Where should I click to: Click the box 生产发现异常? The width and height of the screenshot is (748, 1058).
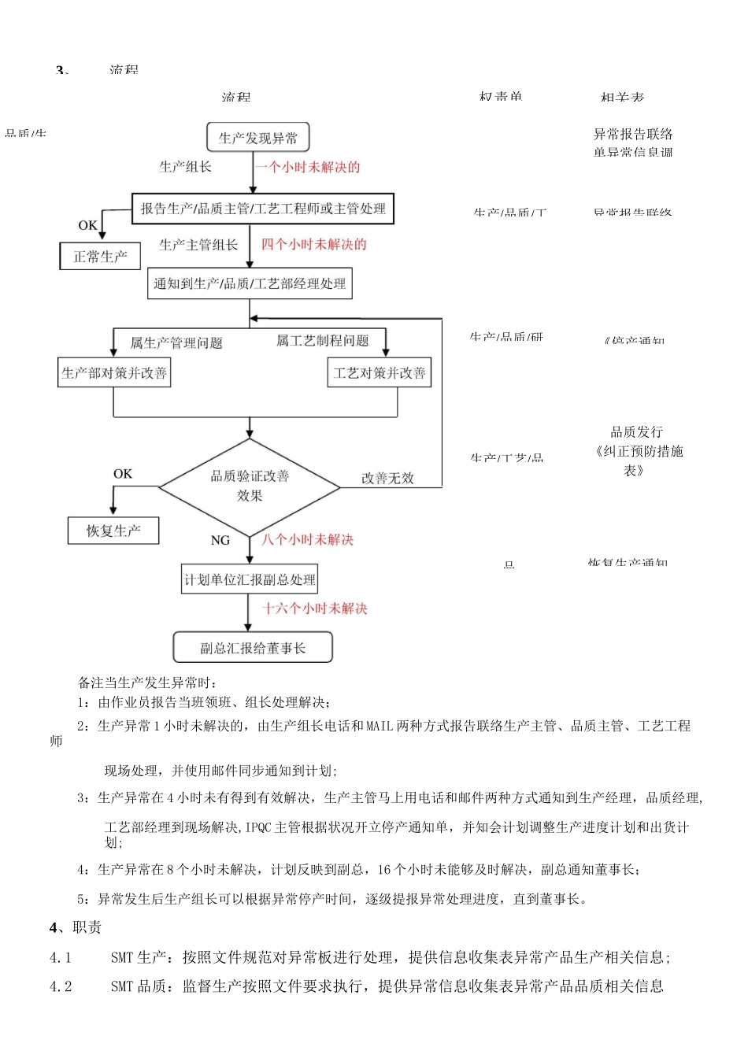click(258, 138)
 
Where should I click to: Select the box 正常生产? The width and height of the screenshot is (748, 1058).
click(100, 257)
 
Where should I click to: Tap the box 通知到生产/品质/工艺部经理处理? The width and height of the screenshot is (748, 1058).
click(250, 283)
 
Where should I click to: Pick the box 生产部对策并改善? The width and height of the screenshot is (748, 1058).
click(114, 372)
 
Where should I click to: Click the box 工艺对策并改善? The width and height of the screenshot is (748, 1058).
click(380, 372)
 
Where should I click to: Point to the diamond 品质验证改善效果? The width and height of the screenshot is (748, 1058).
click(250, 486)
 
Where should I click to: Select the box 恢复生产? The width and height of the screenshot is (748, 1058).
click(113, 531)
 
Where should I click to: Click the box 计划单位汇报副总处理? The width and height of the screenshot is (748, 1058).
click(250, 580)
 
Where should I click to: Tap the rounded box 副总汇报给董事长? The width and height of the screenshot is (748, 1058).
click(253, 648)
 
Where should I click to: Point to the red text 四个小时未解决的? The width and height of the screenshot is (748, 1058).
click(313, 244)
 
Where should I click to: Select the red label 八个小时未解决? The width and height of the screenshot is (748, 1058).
click(307, 539)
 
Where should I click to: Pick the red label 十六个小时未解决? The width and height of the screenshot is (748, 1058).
click(315, 608)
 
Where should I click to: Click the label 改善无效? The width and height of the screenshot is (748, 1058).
click(387, 478)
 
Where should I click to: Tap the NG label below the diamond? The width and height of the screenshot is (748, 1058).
click(220, 540)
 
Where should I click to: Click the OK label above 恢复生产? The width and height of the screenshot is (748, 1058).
click(123, 474)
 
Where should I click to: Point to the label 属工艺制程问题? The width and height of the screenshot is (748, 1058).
click(322, 341)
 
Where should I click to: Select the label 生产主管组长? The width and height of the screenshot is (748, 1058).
click(198, 245)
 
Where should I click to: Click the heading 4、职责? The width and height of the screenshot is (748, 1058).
click(76, 927)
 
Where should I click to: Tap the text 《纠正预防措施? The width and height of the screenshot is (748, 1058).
click(639, 451)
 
